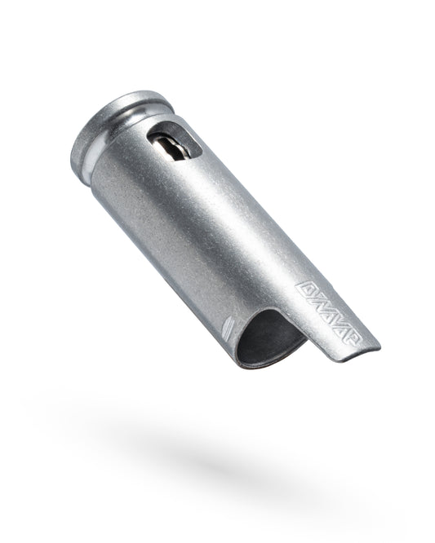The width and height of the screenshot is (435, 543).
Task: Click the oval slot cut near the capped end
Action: (175, 143)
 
